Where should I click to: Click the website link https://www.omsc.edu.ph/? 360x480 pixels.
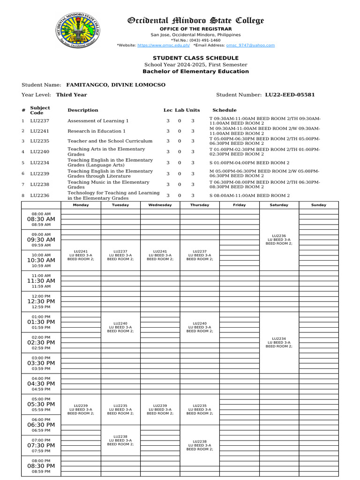coord(163,45)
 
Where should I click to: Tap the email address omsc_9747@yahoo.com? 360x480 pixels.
coord(250,45)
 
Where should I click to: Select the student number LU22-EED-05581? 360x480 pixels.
coord(290,95)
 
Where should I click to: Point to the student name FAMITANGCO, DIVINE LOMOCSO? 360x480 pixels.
coord(116,85)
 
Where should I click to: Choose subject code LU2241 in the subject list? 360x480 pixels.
coord(40,131)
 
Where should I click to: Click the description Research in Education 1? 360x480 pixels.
coord(97,131)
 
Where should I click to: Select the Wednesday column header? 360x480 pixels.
coord(160,205)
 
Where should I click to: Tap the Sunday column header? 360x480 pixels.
coord(319,205)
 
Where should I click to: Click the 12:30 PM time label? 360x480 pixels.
coord(41,301)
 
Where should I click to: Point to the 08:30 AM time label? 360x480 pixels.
coord(41,219)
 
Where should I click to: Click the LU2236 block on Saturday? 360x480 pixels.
coord(279,240)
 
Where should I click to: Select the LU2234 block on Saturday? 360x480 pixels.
coord(279,342)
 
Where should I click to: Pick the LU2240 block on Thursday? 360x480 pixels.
coord(200,327)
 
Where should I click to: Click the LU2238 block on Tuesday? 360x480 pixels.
coord(120,440)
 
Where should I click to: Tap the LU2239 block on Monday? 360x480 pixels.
coord(81,409)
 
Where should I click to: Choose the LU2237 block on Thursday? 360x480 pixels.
coord(200,255)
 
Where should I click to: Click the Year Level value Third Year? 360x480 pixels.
coord(71,95)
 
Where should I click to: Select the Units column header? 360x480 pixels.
coord(193,110)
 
